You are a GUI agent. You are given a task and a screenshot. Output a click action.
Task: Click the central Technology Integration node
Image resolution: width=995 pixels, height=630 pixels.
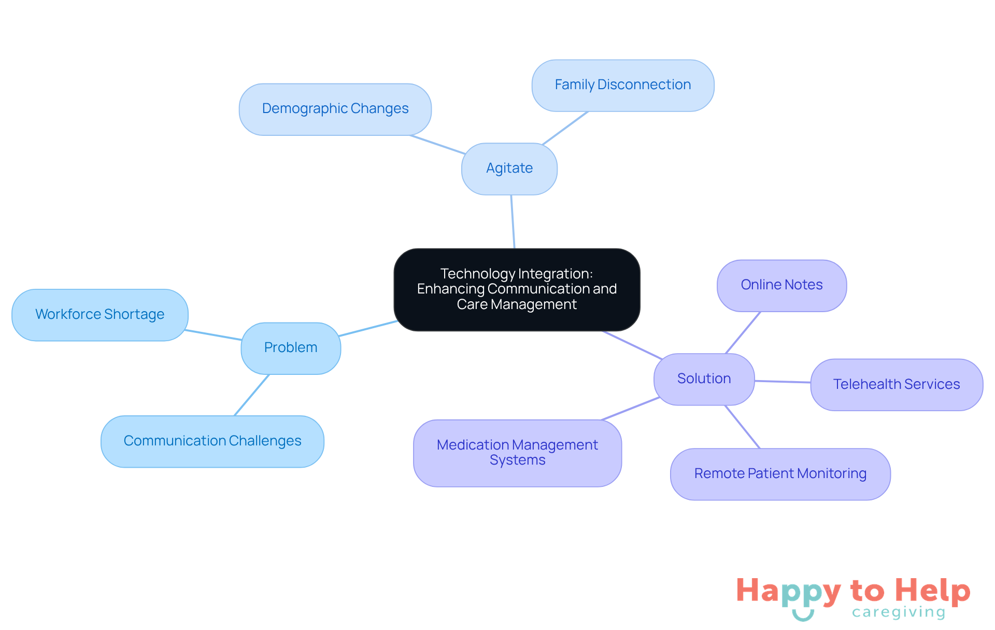click(517, 289)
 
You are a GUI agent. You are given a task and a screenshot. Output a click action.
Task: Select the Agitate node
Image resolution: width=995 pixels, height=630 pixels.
click(509, 169)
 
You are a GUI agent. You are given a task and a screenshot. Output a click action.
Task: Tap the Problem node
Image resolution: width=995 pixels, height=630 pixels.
click(290, 348)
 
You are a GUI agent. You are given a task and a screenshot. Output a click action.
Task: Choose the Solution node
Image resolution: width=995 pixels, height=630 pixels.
click(704, 379)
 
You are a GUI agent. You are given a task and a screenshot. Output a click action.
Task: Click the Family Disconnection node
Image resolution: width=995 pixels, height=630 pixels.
click(622, 85)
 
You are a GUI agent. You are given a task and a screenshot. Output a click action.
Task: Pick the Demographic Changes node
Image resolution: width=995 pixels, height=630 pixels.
click(335, 109)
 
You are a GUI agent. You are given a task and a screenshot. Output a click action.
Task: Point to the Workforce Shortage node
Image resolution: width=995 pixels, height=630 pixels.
click(99, 315)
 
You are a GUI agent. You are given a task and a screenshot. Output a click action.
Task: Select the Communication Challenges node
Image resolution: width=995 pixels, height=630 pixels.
click(212, 441)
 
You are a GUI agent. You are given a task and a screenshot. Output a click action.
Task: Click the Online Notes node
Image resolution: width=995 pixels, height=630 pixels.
click(781, 285)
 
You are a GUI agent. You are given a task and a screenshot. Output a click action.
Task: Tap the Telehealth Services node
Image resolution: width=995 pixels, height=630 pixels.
click(896, 385)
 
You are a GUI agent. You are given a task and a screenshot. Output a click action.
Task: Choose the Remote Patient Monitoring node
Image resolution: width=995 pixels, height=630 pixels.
click(780, 474)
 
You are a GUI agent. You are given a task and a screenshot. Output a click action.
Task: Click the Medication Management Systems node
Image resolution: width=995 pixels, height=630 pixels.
click(517, 453)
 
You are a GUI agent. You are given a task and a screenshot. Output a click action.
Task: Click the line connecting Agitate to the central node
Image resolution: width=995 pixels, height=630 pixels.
click(513, 222)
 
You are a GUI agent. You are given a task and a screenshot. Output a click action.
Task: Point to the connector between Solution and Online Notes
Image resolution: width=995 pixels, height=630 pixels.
click(743, 333)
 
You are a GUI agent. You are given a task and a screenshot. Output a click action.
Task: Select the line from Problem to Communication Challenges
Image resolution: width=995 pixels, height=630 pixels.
click(252, 395)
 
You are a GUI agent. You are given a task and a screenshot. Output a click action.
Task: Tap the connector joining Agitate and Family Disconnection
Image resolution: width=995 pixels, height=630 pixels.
click(565, 128)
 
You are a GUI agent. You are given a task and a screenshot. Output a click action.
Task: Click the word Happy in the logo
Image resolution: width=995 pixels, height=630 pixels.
click(788, 592)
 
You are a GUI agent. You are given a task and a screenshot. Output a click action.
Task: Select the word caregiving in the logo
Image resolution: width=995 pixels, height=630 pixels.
click(899, 612)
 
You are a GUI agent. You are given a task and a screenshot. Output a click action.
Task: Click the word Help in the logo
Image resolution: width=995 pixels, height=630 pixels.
click(932, 591)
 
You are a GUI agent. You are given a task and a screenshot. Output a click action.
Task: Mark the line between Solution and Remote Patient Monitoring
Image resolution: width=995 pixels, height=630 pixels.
click(742, 427)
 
